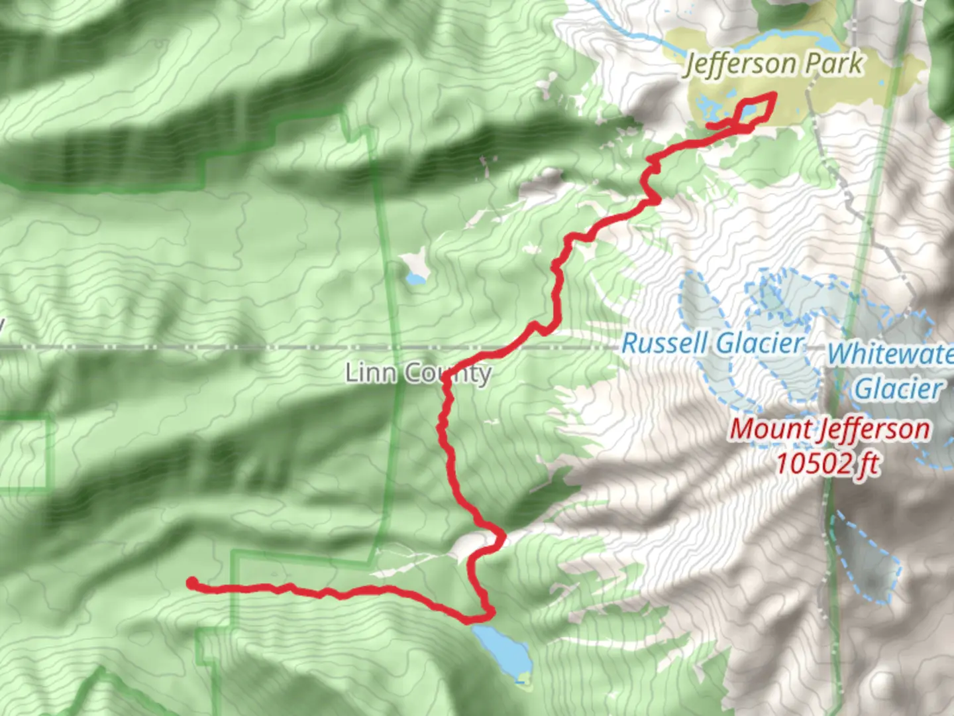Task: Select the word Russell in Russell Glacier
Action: (665, 343)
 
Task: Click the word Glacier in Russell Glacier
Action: (761, 343)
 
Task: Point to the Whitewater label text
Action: (890, 353)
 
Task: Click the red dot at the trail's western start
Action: (191, 583)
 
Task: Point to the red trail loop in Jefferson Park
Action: (755, 109)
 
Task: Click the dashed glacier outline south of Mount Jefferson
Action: (868, 560)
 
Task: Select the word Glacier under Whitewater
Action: (898, 388)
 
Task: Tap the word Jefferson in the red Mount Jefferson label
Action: (874, 429)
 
